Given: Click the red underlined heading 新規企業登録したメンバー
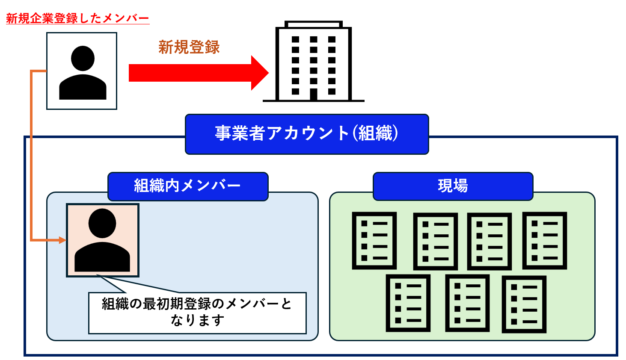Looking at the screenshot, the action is click(x=78, y=18).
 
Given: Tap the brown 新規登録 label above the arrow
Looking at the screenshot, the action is click(x=189, y=47).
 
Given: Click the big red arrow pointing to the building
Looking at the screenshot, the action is click(x=199, y=73).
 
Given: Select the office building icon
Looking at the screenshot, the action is click(x=314, y=61).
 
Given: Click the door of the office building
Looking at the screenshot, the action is click(x=314, y=94).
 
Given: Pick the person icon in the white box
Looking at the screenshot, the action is click(x=83, y=73).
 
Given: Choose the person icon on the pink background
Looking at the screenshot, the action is click(x=102, y=240).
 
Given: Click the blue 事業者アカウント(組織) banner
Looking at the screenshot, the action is click(x=307, y=134).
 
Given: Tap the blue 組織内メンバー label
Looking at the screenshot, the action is click(x=188, y=186).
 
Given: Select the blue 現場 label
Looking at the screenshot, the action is click(x=453, y=186).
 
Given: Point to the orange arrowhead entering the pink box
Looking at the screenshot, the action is click(x=62, y=240).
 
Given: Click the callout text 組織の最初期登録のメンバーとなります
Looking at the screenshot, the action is click(x=197, y=312).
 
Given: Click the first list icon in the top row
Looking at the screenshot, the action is click(x=374, y=241).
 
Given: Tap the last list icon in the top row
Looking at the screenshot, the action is click(x=545, y=241).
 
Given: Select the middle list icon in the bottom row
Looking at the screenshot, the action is click(x=467, y=303).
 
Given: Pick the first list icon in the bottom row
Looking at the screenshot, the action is click(x=408, y=303).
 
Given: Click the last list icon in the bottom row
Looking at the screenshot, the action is click(x=524, y=304).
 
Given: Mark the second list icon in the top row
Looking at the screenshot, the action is click(x=436, y=242).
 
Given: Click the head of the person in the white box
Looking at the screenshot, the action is click(x=83, y=59).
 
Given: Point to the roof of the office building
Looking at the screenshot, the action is click(x=314, y=24).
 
